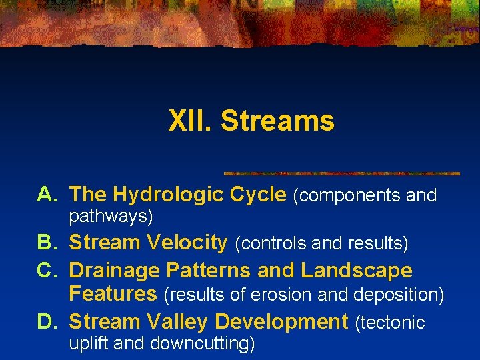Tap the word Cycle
click(x=257, y=195)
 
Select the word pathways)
click(x=111, y=217)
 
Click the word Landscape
click(x=357, y=271)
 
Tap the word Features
click(x=113, y=293)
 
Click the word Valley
click(x=177, y=322)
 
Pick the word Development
click(x=282, y=322)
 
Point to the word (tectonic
click(x=390, y=323)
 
